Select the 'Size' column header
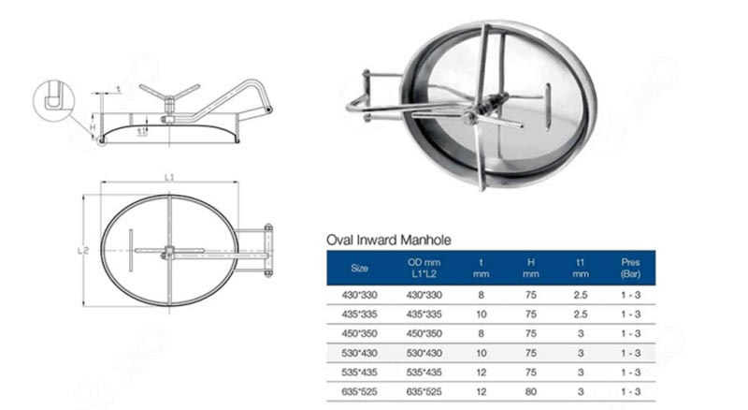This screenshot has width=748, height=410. (x=359, y=268)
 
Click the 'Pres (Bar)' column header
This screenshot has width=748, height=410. (x=630, y=268)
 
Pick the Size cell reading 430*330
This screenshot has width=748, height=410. (x=359, y=297)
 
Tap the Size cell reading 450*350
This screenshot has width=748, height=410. (x=359, y=333)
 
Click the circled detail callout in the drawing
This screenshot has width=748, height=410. (x=52, y=97)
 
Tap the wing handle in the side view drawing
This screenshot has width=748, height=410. (x=169, y=93)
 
